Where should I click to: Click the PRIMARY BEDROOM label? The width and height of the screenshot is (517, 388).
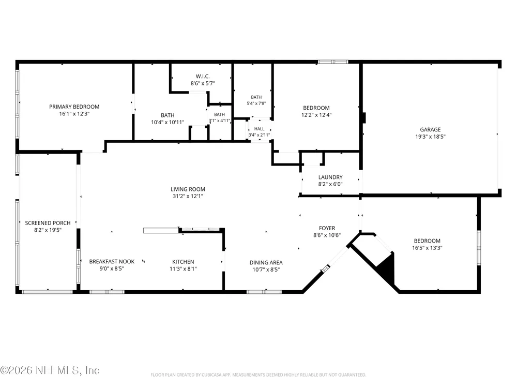point(74,107)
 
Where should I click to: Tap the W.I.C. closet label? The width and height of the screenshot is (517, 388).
point(203,76)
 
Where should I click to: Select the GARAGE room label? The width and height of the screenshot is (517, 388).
point(430,130)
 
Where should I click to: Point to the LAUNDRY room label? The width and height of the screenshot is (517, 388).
point(330,177)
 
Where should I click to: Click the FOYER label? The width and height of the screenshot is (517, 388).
point(327,228)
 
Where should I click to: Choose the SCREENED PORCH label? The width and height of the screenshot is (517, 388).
point(48,223)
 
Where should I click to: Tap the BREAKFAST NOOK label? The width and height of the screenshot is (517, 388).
point(112,262)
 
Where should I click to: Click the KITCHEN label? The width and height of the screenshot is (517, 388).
point(183,262)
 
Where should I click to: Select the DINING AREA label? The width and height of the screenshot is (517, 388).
point(266,263)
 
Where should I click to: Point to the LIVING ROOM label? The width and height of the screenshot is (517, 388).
point(188,189)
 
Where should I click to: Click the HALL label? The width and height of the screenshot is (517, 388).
point(259,129)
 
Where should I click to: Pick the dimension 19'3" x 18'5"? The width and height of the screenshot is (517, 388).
point(430,137)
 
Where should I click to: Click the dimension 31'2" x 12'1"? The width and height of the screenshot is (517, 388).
point(188,196)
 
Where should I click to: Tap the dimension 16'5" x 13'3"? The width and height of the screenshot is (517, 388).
point(427,248)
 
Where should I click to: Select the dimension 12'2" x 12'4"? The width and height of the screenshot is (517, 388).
point(316,115)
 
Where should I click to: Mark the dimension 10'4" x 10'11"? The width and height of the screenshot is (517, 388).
point(168,123)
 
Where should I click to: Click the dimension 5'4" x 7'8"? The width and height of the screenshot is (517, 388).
point(256,103)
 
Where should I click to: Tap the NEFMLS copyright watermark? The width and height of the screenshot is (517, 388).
point(50,370)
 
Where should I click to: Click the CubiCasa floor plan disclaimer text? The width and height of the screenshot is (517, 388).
point(258,375)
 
